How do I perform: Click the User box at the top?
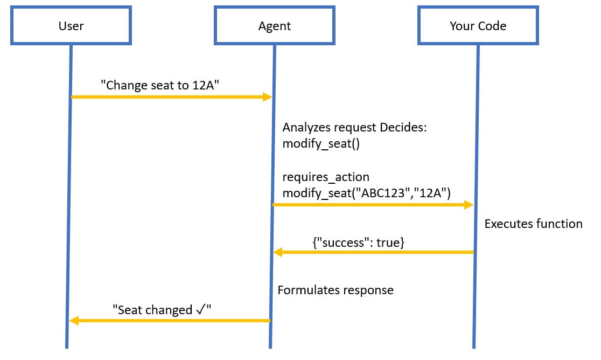tap(71, 25)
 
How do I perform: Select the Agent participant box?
tap(274, 25)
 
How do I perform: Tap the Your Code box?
tap(478, 25)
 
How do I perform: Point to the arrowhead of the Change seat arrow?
tap(267, 97)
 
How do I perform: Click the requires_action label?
tap(326, 177)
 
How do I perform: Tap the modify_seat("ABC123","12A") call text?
tap(366, 193)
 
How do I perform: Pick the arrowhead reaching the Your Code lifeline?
tap(469, 205)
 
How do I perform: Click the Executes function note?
tap(533, 224)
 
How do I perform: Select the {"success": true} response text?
tap(358, 243)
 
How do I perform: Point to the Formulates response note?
tap(335, 290)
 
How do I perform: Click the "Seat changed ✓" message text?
tap(162, 310)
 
